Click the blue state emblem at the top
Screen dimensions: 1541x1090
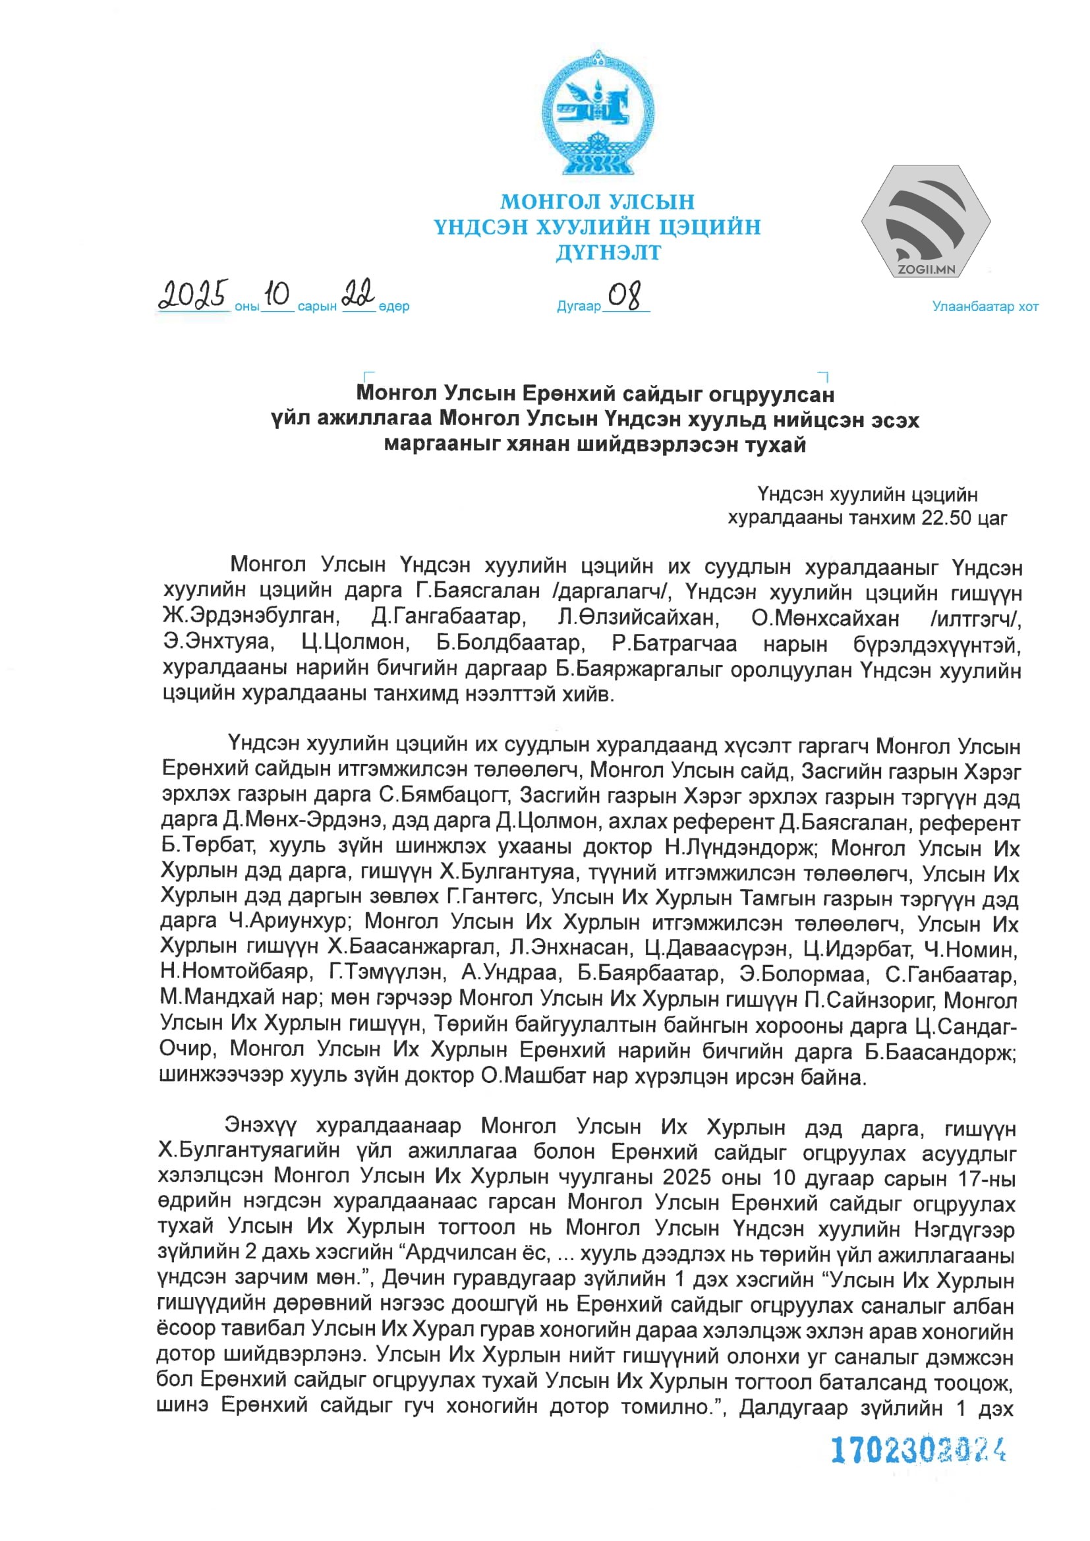(x=596, y=113)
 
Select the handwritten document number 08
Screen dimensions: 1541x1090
(x=624, y=296)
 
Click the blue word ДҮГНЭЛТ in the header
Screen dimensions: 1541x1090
(x=608, y=253)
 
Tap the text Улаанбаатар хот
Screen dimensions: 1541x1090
(x=985, y=306)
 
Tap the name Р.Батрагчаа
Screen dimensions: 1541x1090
(x=674, y=644)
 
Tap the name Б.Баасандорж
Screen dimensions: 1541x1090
(x=940, y=1052)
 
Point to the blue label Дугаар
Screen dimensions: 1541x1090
(x=578, y=306)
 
